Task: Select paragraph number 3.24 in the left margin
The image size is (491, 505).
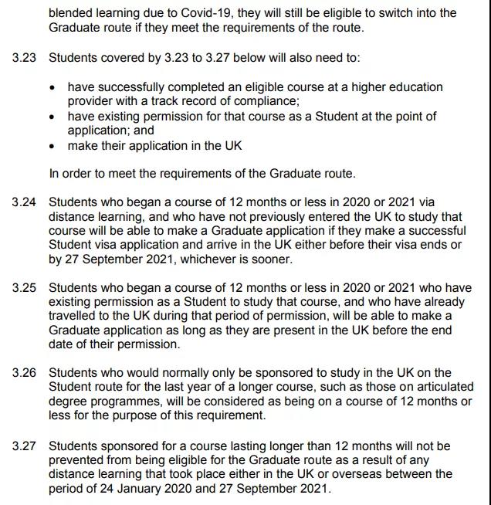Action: click(25, 202)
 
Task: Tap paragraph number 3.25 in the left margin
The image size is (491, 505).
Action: click(25, 288)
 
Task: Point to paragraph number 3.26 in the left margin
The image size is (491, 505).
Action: click(25, 373)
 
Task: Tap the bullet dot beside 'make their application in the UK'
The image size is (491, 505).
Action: click(52, 146)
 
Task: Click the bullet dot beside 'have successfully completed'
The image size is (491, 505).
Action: click(52, 88)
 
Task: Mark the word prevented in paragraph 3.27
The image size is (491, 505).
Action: click(76, 459)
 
